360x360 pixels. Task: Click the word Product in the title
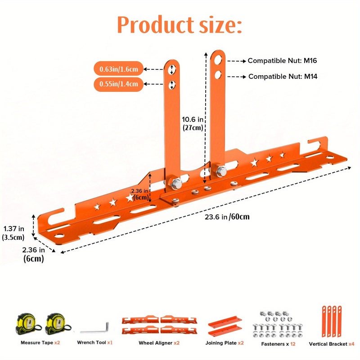(x=156, y=25)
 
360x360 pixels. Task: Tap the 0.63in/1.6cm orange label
(x=118, y=69)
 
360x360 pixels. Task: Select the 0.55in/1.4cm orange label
(x=118, y=84)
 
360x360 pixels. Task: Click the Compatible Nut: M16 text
(x=282, y=61)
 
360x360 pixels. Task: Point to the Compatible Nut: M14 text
(x=283, y=76)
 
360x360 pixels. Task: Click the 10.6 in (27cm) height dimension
(x=193, y=123)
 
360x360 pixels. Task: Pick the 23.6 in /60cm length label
(x=227, y=217)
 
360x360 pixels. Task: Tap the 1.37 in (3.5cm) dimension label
(x=13, y=233)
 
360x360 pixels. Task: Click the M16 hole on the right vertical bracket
(x=218, y=60)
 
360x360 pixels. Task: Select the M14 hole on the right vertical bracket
(x=218, y=75)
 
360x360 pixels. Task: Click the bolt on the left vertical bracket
(x=175, y=184)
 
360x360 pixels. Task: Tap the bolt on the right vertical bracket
(x=221, y=171)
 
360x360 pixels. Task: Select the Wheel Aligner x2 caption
(x=159, y=343)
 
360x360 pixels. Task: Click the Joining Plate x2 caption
(x=224, y=343)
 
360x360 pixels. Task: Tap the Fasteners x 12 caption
(x=278, y=344)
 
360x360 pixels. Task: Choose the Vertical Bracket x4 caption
(x=332, y=344)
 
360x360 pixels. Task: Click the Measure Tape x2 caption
(x=40, y=342)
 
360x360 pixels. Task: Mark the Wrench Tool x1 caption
(x=95, y=342)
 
